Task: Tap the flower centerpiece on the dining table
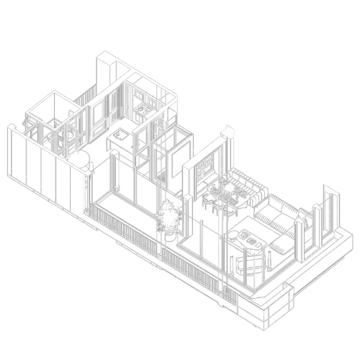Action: pos(229,189)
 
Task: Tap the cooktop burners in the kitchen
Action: pos(144,108)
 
